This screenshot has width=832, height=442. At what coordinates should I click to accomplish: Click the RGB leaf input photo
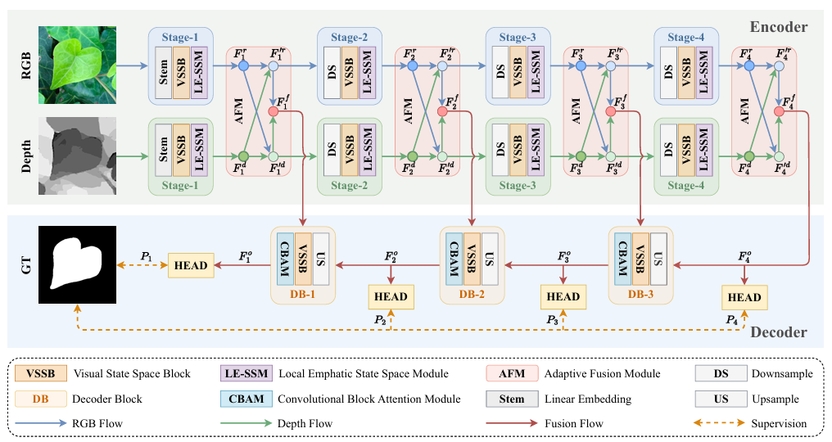coord(78,65)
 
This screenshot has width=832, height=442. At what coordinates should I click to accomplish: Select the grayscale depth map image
coord(78,156)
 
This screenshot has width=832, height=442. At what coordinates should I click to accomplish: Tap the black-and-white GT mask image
coord(78,264)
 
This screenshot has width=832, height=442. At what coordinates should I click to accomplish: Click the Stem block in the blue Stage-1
coord(164,73)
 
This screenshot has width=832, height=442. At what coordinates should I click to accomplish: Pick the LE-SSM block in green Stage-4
coord(703,150)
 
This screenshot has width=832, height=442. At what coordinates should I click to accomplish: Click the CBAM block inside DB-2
coord(454,259)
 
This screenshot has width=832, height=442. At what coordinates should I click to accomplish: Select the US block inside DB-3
coord(658,259)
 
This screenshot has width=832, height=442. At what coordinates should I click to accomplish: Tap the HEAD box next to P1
coord(191,265)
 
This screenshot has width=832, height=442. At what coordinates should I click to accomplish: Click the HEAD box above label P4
coord(744,297)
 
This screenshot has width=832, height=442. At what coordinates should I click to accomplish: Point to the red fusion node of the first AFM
coord(274,111)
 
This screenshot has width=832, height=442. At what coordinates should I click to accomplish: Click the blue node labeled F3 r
coord(581,65)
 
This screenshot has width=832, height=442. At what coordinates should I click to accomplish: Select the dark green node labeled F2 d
coord(412,156)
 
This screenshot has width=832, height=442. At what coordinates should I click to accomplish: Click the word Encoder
coord(779,27)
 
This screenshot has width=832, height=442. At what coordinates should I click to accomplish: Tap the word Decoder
coord(779,332)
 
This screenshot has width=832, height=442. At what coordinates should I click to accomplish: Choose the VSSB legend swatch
coord(41,373)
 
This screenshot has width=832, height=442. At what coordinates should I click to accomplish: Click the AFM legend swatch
coord(512,373)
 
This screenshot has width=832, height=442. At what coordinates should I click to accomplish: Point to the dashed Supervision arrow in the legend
coord(719,423)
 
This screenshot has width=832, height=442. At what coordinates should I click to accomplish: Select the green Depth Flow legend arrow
coord(246,423)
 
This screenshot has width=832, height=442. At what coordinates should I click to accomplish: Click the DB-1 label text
coord(302,294)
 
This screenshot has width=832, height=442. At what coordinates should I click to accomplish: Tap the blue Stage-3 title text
coord(518,37)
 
